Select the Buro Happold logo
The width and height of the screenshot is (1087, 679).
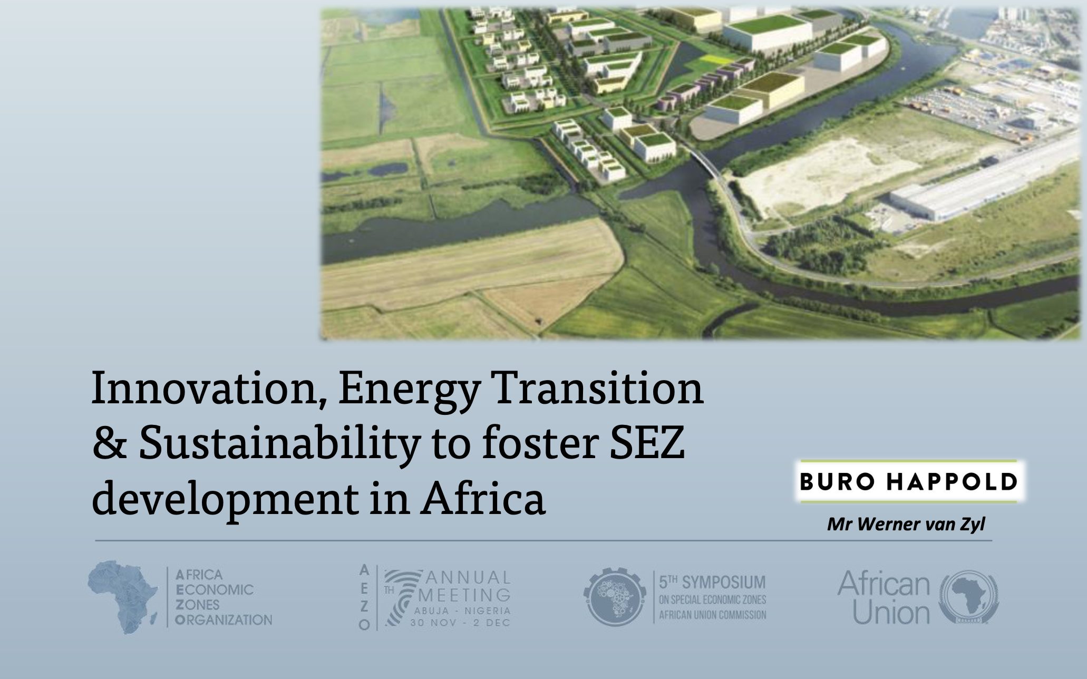pos(908,481)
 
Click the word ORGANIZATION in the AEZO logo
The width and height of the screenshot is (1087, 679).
pos(224,619)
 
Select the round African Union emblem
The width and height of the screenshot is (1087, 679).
pos(970,597)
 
